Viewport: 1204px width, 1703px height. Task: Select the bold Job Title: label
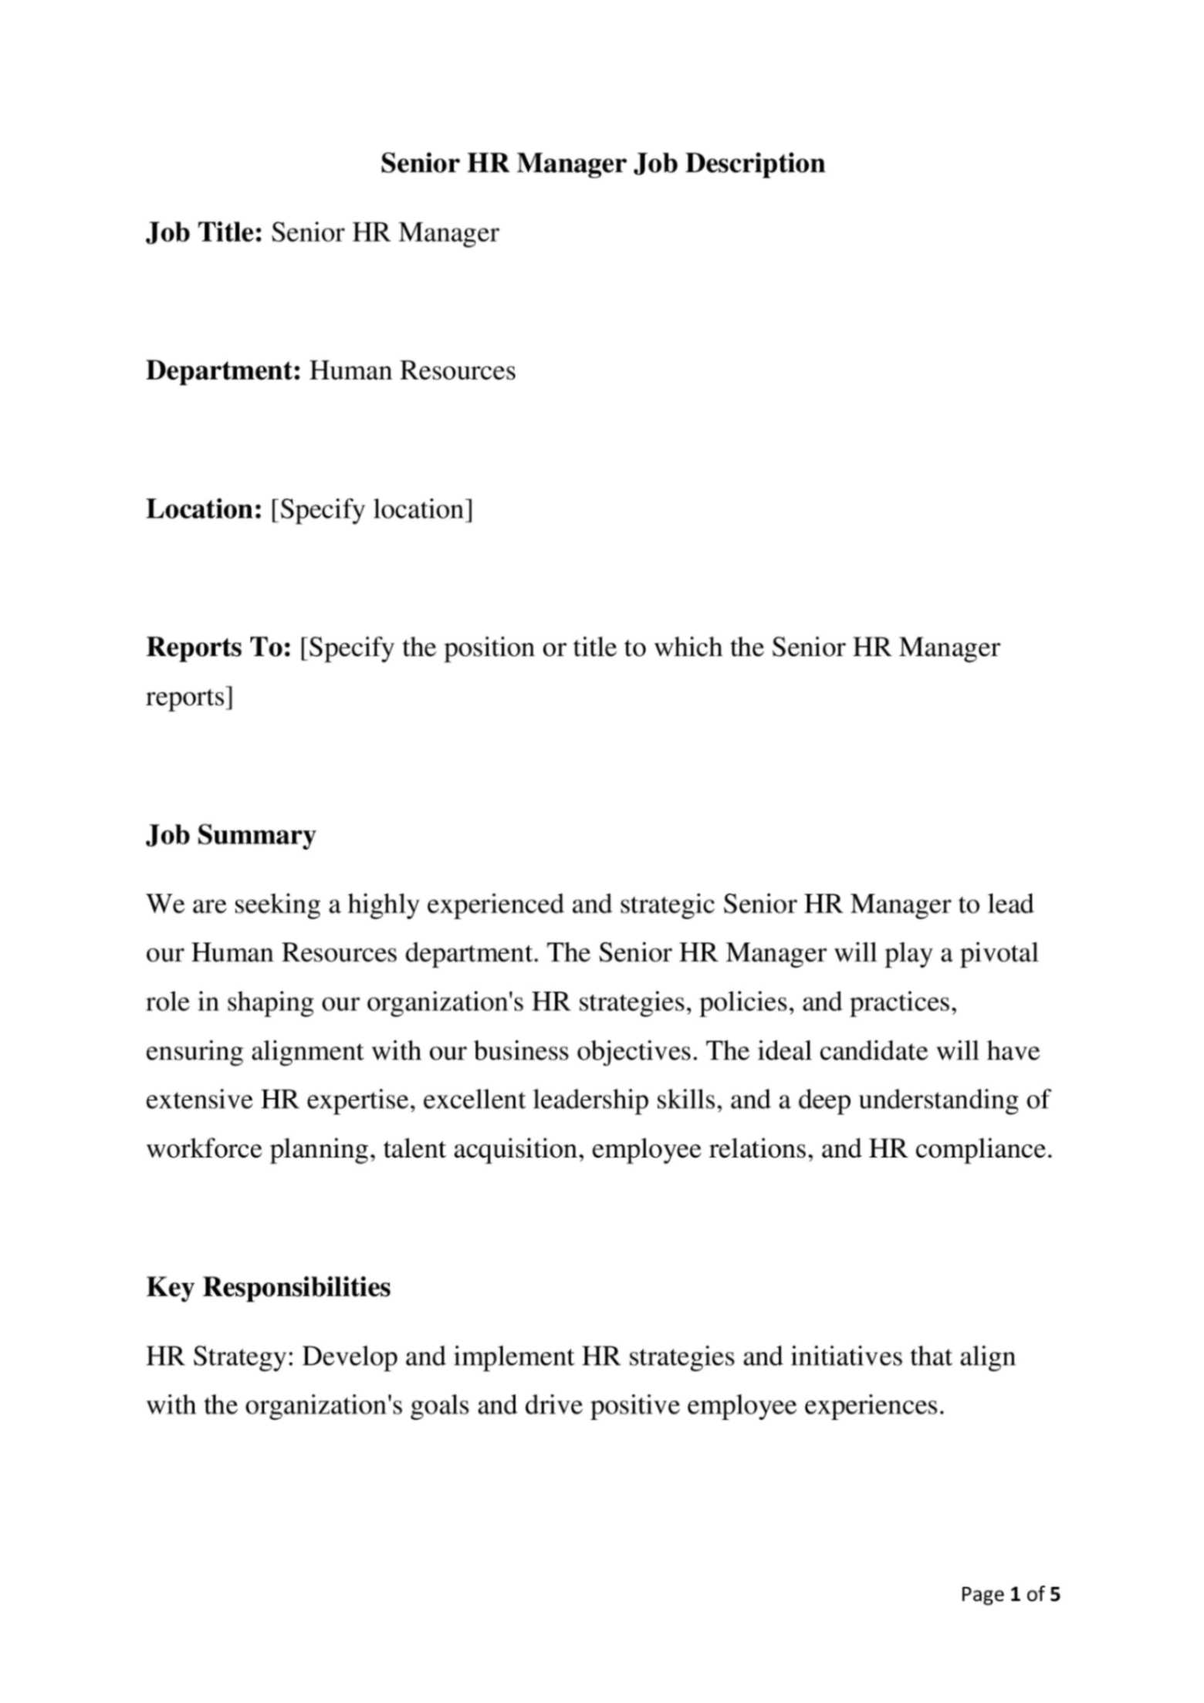click(205, 232)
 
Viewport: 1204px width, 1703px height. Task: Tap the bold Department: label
click(223, 370)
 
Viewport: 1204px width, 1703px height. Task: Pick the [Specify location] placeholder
click(371, 509)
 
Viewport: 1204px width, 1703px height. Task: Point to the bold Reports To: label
click(218, 647)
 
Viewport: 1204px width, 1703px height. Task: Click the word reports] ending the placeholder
click(189, 697)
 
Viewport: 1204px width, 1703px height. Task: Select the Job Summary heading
click(231, 835)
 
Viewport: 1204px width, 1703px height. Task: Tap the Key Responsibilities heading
click(268, 1286)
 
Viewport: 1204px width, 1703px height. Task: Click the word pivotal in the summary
click(999, 953)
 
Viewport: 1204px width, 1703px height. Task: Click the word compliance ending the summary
click(983, 1149)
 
